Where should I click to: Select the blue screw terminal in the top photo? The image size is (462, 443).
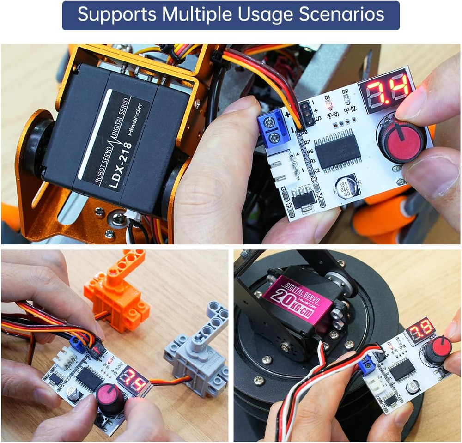pos(274,129)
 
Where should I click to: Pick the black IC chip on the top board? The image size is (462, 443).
pos(338,151)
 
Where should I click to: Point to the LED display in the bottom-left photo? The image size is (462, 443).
pos(133,378)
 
